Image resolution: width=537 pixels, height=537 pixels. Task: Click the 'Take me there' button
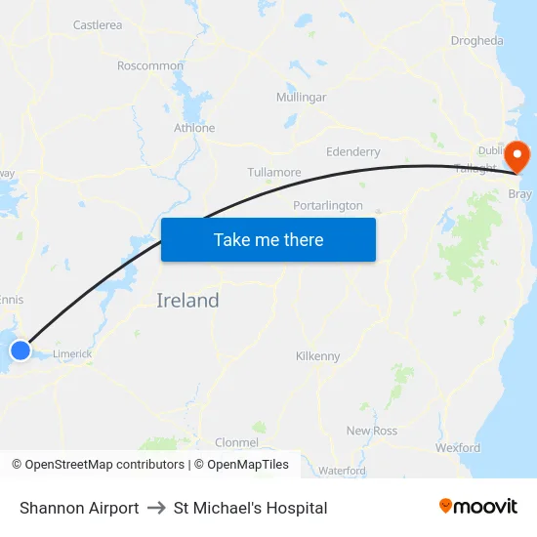click(x=268, y=239)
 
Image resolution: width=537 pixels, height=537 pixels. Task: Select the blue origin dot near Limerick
click(x=21, y=350)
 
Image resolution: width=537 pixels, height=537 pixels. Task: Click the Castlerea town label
click(x=98, y=25)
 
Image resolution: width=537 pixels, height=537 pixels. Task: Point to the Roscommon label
click(x=150, y=66)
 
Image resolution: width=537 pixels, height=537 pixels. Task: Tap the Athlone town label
click(x=194, y=128)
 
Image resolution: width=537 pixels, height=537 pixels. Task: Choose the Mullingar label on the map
click(x=301, y=98)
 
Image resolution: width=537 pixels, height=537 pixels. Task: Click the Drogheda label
click(x=477, y=41)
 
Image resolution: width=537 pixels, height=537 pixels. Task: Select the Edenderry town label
click(x=352, y=152)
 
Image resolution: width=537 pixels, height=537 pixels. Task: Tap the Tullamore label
click(x=274, y=173)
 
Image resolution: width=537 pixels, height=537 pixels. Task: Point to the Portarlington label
click(x=328, y=206)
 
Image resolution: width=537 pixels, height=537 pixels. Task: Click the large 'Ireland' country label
click(x=187, y=301)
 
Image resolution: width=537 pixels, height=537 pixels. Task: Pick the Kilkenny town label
click(x=317, y=356)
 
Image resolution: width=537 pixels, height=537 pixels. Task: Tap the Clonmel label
click(x=236, y=442)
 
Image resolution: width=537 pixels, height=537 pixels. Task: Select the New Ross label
click(x=372, y=431)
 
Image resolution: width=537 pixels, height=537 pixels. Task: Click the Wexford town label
click(x=458, y=448)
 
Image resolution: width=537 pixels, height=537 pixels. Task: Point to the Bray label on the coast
click(x=520, y=194)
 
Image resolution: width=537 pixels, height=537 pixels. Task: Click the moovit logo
click(x=478, y=507)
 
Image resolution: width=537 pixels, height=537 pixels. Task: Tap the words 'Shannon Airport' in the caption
click(x=79, y=508)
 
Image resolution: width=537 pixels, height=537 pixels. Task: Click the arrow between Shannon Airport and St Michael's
click(x=156, y=508)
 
